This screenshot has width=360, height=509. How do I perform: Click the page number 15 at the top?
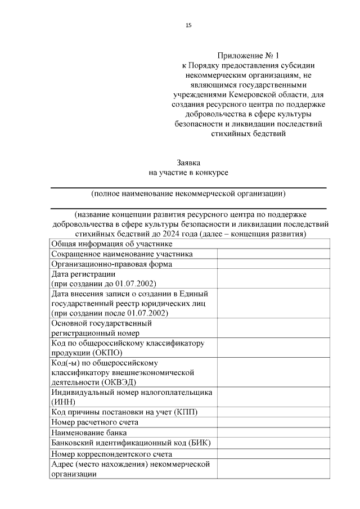pyautogui.click(x=188, y=25)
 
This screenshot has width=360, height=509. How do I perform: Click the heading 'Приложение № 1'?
pyautogui.click(x=248, y=56)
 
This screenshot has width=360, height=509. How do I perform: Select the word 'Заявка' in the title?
pyautogui.click(x=188, y=162)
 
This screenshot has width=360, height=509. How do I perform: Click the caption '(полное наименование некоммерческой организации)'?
pyautogui.click(x=188, y=194)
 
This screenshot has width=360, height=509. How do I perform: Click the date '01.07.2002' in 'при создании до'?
pyautogui.click(x=135, y=283)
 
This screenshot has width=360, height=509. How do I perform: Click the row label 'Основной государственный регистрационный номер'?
pyautogui.click(x=101, y=328)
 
